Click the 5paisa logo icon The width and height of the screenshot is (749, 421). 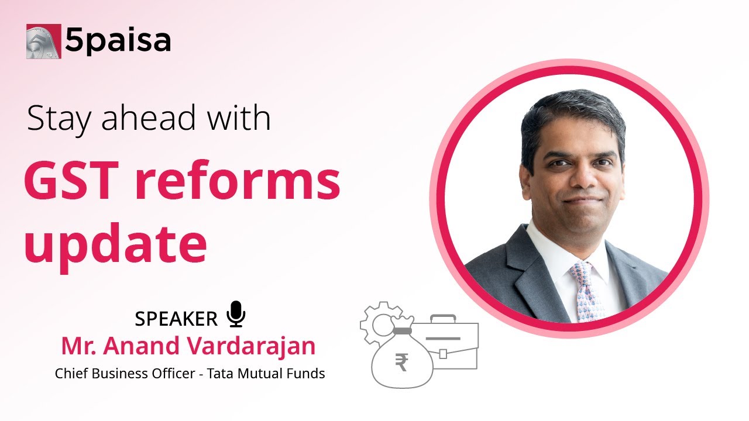pyautogui.click(x=43, y=41)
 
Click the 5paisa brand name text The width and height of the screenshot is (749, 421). pyautogui.click(x=118, y=41)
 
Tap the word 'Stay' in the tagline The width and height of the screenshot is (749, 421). pyautogui.click(x=59, y=119)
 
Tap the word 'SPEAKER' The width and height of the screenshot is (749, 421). pyautogui.click(x=176, y=319)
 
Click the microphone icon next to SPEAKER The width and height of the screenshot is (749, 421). pyautogui.click(x=236, y=313)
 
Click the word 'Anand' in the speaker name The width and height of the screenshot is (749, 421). pyautogui.click(x=142, y=346)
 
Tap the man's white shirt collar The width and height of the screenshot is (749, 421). pyautogui.click(x=550, y=251)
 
